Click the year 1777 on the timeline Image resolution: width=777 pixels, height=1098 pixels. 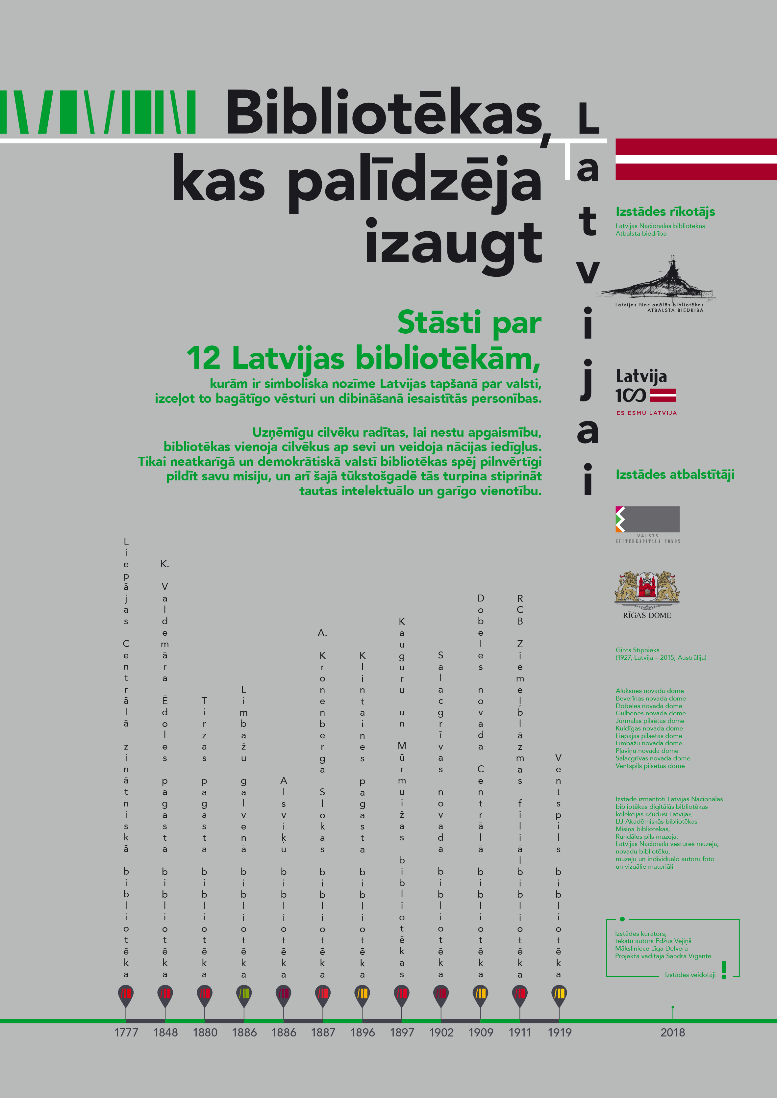point(126,1033)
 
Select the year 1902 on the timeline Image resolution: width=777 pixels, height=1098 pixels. point(441,1033)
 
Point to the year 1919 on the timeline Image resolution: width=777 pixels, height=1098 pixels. point(559,1033)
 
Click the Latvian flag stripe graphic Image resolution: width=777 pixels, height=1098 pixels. point(696,159)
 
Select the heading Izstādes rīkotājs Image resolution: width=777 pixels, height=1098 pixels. point(665,212)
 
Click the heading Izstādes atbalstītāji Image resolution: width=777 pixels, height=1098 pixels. point(675,474)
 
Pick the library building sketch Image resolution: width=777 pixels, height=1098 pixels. point(659,282)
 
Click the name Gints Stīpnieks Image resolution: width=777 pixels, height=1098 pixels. point(637,650)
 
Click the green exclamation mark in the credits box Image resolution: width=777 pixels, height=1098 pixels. point(724,970)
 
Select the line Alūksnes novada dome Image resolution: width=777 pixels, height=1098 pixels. point(649,691)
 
